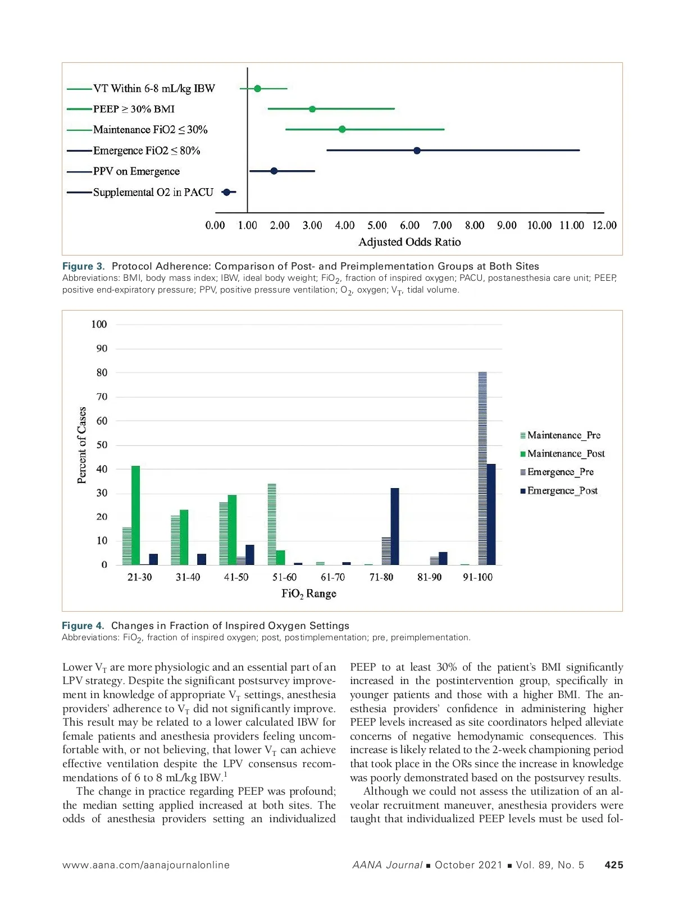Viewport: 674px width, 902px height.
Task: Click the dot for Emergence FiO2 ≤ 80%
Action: point(417,151)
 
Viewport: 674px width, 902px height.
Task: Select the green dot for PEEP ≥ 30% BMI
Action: point(312,109)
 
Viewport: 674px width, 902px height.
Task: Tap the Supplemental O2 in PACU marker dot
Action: point(226,192)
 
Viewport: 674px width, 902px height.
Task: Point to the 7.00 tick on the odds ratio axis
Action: point(442,225)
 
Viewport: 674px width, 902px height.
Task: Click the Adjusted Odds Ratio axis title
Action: point(409,242)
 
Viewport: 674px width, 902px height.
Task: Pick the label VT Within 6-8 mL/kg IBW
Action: point(154,88)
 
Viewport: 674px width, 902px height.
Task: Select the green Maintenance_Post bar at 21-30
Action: point(135,515)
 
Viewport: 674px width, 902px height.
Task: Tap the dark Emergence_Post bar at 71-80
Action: point(395,526)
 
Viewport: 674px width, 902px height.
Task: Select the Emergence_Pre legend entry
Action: point(560,472)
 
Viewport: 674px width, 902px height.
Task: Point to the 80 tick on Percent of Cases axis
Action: point(102,372)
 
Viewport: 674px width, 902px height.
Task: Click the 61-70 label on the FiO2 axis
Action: point(333,577)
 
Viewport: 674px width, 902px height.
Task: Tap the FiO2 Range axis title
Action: point(309,594)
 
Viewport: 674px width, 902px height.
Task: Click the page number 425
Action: point(613,865)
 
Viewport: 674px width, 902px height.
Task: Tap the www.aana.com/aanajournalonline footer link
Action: point(146,865)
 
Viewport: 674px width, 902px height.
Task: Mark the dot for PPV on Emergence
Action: point(274,171)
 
